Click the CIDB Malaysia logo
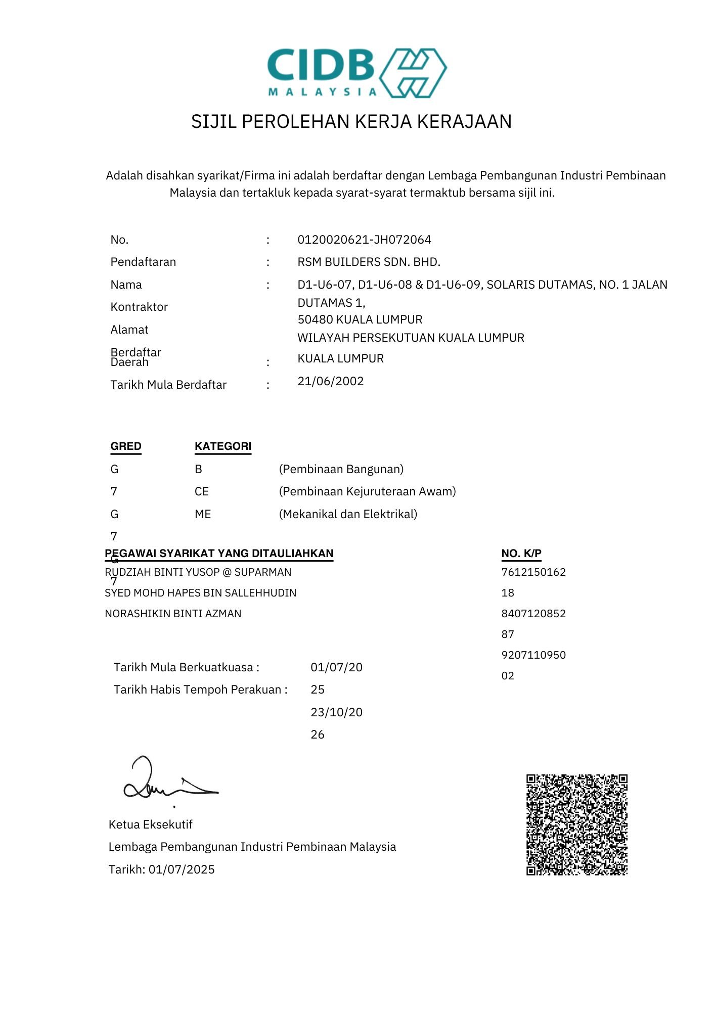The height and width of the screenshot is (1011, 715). (x=356, y=73)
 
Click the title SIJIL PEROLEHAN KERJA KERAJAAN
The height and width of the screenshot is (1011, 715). (x=351, y=122)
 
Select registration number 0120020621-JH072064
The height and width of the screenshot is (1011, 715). (x=364, y=240)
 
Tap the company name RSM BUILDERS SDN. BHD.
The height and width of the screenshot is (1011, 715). (x=369, y=262)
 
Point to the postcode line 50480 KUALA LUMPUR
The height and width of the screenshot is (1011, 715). (x=360, y=319)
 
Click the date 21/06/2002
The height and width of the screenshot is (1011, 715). (x=330, y=381)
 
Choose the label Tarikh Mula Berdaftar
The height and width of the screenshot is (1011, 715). (x=168, y=385)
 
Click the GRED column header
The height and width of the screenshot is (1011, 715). (x=126, y=446)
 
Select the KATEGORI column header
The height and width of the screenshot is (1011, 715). (x=223, y=446)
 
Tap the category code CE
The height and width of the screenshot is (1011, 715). (x=201, y=491)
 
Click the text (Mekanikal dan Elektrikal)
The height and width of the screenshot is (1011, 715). (x=348, y=514)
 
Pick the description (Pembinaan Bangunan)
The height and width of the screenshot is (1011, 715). (x=341, y=469)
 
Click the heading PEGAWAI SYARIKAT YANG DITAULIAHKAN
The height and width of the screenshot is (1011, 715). (x=219, y=554)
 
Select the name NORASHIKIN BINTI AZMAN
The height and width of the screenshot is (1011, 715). (x=173, y=614)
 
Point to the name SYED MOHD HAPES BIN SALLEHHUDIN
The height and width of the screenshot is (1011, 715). (x=200, y=593)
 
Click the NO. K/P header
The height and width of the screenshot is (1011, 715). (x=521, y=554)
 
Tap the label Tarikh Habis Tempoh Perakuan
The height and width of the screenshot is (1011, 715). (x=200, y=690)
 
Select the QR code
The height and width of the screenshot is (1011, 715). (x=576, y=824)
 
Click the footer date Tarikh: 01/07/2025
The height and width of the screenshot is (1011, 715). (x=161, y=869)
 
